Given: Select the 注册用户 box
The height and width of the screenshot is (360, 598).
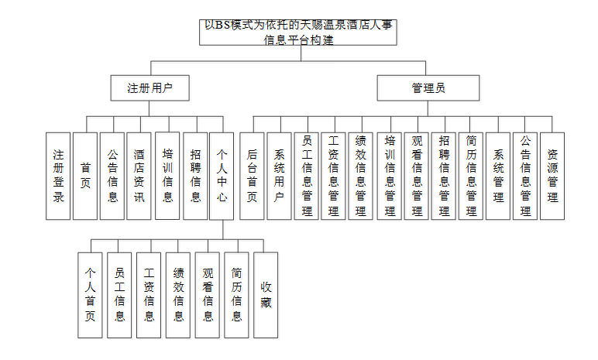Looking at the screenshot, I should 150,88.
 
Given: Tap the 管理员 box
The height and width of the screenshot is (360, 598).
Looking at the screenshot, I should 427,88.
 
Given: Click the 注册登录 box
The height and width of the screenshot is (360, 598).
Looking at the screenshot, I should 57,176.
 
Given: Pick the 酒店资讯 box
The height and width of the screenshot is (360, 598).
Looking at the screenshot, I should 139,176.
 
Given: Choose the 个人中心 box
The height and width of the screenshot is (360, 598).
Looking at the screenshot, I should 222,176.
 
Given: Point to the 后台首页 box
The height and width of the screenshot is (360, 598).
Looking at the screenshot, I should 252,176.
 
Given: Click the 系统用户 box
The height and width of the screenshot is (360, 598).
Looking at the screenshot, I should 279,176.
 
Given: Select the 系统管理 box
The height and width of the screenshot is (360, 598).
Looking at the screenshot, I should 498,176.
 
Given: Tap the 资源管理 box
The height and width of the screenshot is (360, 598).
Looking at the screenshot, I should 552,176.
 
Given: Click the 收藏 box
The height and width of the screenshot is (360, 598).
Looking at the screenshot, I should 266,295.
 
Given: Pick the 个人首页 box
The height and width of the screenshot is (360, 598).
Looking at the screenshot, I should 91,295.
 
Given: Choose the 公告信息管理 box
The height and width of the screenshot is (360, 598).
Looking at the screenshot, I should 525,176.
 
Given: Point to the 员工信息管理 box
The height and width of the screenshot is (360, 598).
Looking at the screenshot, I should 307,176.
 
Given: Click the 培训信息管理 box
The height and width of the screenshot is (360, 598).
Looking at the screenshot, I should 390,176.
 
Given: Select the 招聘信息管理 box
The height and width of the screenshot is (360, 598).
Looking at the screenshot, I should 443,176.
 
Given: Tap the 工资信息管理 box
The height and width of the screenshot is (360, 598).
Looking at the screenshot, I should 334,176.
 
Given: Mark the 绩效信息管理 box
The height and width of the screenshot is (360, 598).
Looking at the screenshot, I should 360,176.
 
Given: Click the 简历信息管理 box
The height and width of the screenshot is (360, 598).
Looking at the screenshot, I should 470,176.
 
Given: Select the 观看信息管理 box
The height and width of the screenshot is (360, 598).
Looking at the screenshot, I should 417,176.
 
